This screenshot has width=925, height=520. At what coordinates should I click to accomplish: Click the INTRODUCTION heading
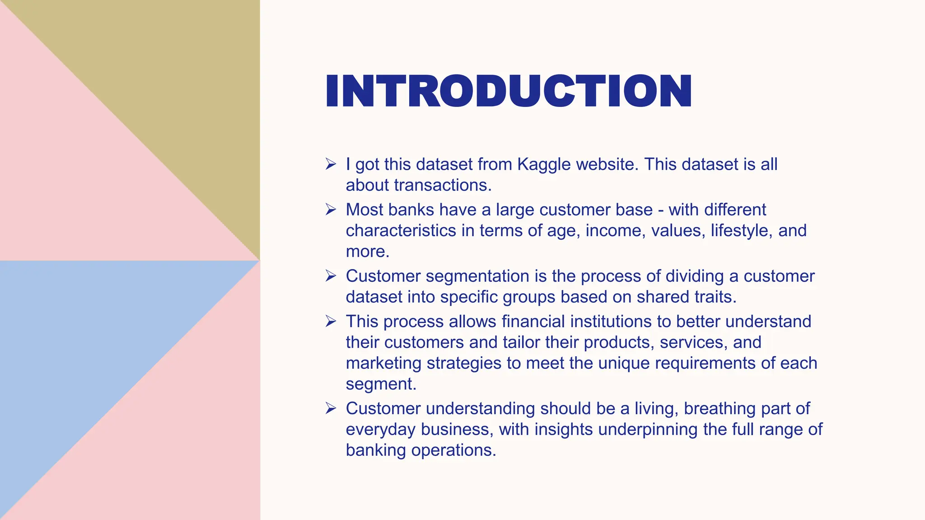click(x=508, y=91)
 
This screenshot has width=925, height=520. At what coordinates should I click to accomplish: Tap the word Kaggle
click(x=544, y=164)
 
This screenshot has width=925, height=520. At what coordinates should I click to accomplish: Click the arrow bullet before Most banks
click(x=331, y=210)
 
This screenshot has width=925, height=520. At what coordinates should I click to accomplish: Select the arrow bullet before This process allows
click(x=331, y=322)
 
